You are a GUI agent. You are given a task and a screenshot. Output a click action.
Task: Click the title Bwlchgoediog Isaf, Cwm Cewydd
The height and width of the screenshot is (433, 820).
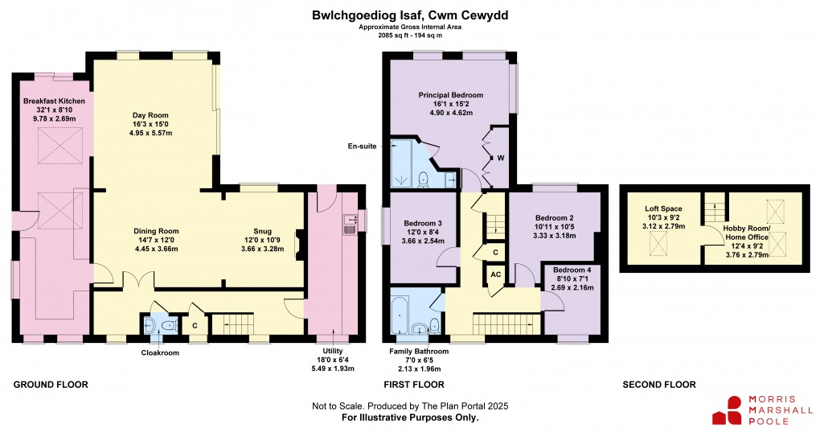tap(410, 14)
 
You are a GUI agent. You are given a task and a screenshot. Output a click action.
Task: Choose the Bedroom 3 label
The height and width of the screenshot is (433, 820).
tap(423, 223)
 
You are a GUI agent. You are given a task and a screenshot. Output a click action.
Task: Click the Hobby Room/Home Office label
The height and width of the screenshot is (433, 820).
tap(747, 233)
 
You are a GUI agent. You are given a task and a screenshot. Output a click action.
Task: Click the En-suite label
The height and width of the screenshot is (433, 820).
tap(363, 146)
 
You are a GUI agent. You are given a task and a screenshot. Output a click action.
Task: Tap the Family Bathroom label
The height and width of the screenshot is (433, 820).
tap(419, 352)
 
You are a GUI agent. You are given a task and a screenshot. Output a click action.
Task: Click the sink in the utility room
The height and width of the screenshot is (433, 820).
tap(350, 223)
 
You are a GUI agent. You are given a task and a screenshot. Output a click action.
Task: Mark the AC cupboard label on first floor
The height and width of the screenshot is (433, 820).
tap(495, 275)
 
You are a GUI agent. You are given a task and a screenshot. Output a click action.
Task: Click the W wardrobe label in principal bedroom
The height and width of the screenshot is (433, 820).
tap(500, 157)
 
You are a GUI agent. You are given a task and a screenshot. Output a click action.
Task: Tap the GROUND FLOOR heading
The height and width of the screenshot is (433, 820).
tap(51, 385)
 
